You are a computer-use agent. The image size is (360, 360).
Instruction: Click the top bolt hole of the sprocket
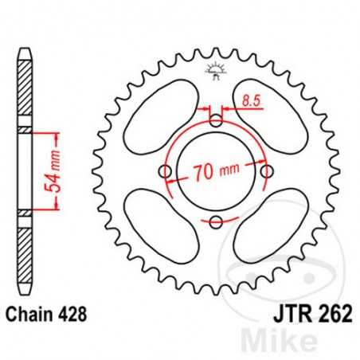(x=216, y=121)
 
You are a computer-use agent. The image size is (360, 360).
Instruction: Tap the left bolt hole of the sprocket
(x=165, y=171)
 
